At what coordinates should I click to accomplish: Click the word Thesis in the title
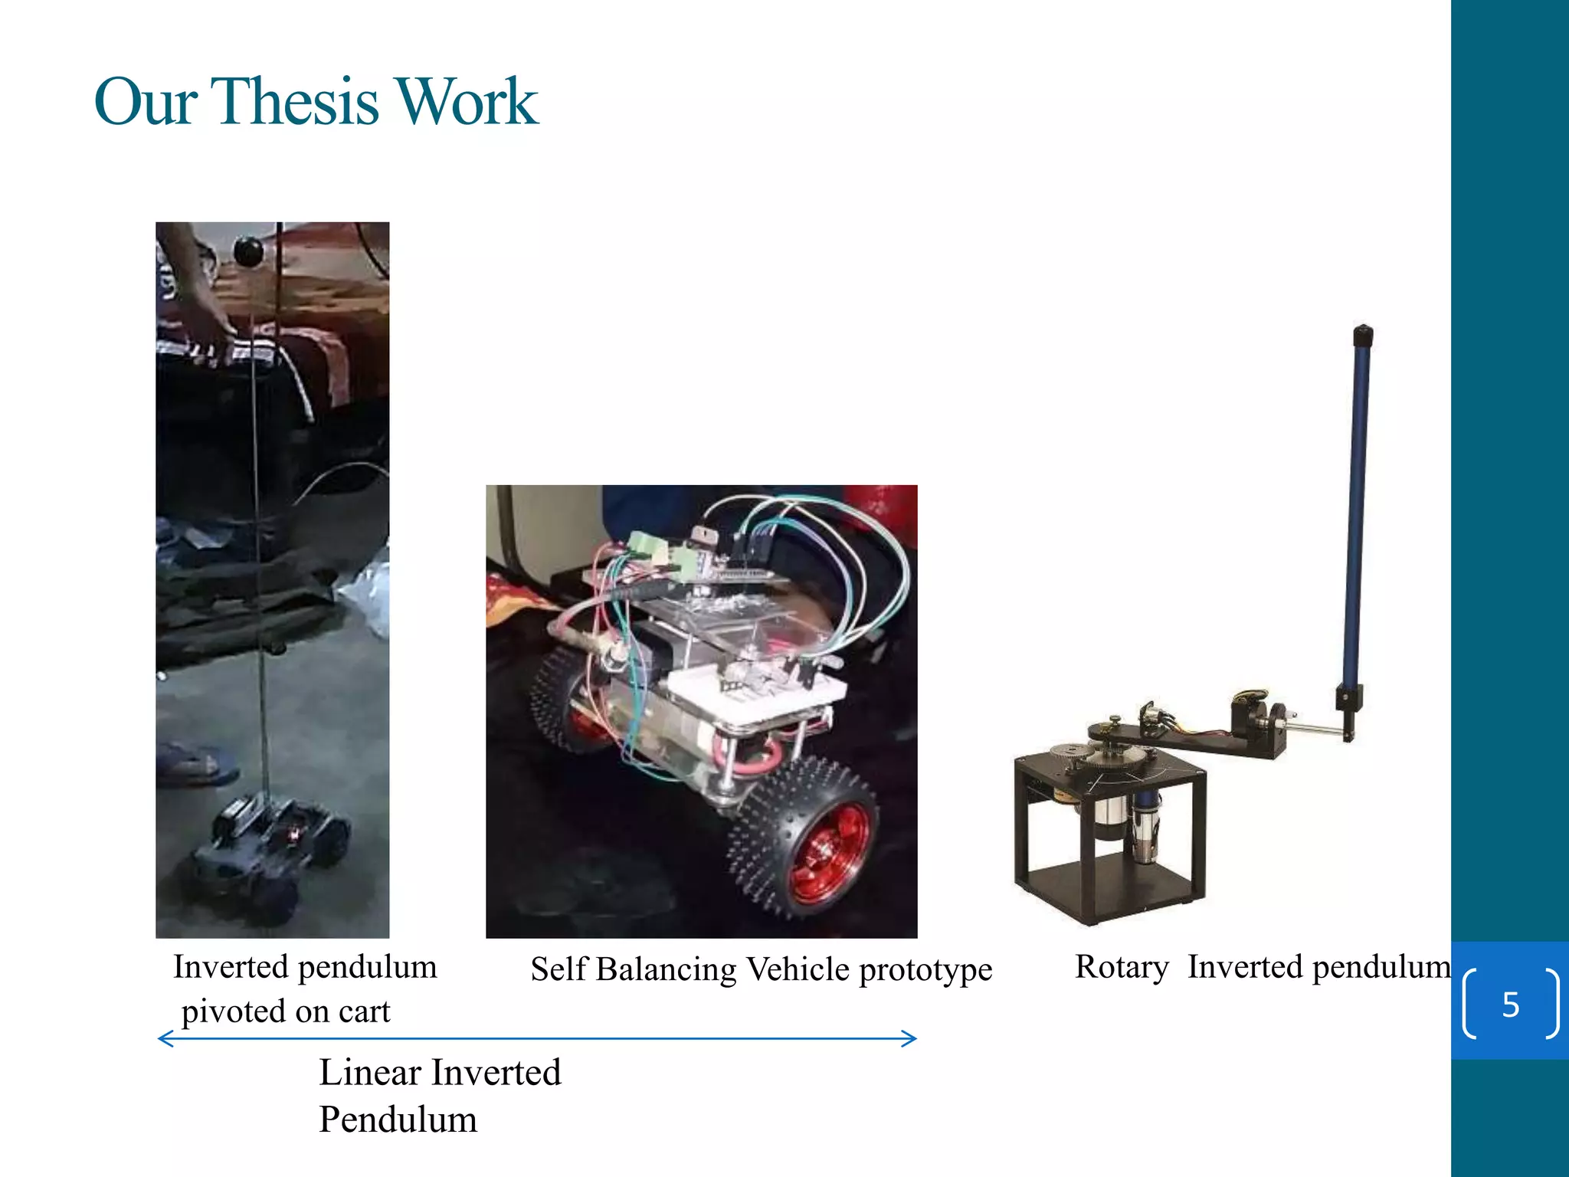(x=294, y=101)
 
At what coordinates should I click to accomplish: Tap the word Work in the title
(x=467, y=101)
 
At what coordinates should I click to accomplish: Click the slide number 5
(x=1510, y=1005)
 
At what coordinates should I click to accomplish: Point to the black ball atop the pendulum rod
(x=248, y=251)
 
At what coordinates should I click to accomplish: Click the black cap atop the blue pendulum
(x=1363, y=336)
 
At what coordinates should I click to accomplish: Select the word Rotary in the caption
(x=1122, y=967)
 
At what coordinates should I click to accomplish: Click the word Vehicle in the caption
(x=798, y=969)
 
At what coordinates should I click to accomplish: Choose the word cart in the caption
(x=365, y=1012)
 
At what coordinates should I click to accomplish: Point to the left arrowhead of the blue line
(x=162, y=1039)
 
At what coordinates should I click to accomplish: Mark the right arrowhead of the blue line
(x=912, y=1039)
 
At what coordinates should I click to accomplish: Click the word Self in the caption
(x=558, y=969)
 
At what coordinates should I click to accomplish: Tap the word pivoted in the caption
(x=233, y=1012)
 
